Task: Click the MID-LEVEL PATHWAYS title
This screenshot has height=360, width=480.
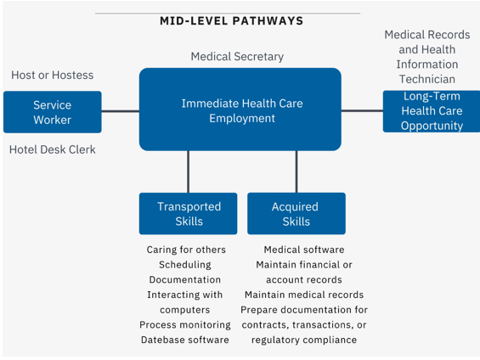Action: (231, 20)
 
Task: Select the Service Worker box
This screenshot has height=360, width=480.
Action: (53, 112)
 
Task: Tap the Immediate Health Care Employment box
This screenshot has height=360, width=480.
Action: (240, 110)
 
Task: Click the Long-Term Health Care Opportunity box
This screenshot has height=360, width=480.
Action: (432, 111)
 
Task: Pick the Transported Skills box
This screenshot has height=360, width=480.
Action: (189, 213)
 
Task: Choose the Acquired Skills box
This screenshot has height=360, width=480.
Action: (296, 213)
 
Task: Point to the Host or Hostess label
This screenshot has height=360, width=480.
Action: (53, 75)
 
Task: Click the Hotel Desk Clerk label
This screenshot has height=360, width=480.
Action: (53, 149)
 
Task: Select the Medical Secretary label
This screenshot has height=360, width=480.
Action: (237, 57)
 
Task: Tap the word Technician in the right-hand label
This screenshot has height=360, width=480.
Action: (427, 79)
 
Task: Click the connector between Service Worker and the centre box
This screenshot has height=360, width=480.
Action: (121, 111)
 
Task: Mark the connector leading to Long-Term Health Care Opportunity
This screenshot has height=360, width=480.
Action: (362, 110)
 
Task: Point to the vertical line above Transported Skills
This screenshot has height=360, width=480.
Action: (188, 172)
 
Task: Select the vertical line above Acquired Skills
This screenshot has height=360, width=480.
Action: (296, 172)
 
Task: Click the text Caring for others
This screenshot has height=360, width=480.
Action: (186, 250)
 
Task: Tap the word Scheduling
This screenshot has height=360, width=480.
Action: (185, 265)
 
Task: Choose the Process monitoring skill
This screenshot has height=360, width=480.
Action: (185, 325)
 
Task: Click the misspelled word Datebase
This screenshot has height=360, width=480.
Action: (160, 340)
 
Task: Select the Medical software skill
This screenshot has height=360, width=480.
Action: (304, 250)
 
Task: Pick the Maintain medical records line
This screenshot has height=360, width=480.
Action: (304, 295)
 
